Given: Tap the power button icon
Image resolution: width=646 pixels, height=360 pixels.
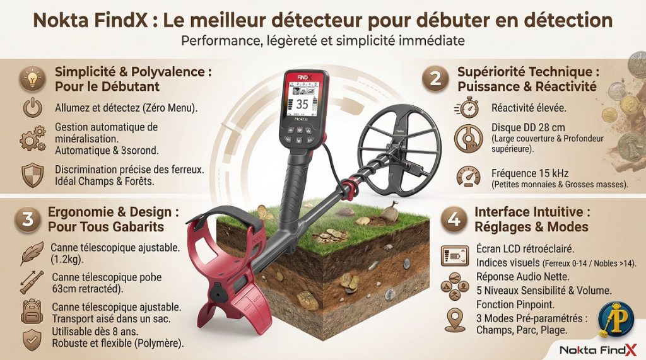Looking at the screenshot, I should point(32,108).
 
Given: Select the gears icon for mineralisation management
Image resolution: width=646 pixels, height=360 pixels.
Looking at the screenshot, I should point(32,139).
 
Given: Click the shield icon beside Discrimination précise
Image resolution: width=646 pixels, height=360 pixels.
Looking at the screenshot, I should point(32,175).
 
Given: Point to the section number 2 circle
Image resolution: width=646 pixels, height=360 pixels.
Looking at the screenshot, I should point(435,78).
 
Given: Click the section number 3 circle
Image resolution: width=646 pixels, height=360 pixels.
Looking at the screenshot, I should point(28,219).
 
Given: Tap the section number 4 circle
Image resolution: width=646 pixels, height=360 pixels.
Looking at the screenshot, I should point(454,219).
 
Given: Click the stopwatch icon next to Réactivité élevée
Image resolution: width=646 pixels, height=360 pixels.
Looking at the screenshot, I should point(467,108).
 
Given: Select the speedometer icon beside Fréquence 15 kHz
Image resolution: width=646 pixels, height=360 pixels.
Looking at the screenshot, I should point(467,176).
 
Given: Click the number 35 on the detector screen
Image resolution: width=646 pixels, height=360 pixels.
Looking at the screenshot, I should point(302,105).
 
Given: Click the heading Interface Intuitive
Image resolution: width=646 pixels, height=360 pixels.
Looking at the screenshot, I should point(532,212).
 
